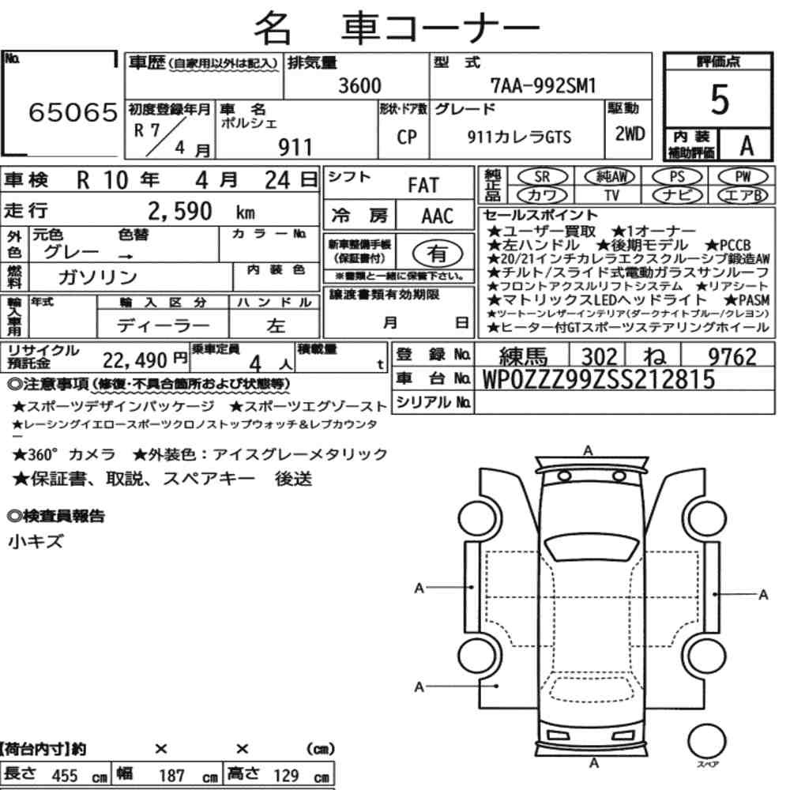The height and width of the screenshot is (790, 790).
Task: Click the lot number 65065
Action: [73, 112]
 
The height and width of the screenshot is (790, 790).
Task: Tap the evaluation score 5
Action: [720, 100]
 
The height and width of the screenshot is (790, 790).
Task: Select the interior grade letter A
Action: [747, 146]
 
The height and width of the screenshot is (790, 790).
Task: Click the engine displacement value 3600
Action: [359, 85]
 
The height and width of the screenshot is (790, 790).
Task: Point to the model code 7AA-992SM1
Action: [544, 85]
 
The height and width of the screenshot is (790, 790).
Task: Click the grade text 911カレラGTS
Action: [519, 137]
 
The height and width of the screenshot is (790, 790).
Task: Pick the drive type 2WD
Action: [630, 134]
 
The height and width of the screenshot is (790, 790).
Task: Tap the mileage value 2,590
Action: [180, 211]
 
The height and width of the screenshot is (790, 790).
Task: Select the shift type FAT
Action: [423, 185]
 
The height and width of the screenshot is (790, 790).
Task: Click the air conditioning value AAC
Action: [438, 216]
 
